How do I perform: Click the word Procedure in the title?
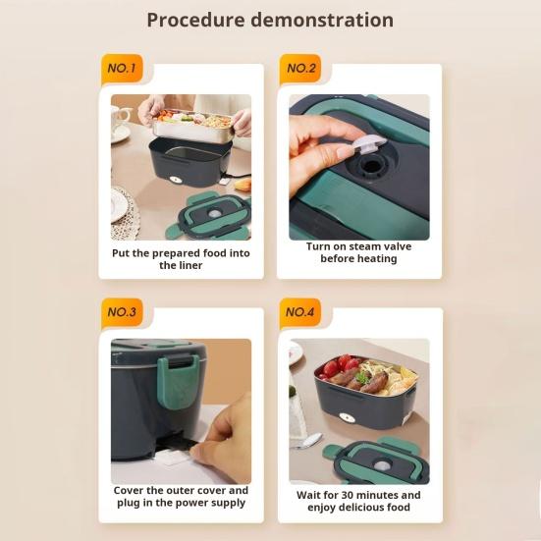click(195, 20)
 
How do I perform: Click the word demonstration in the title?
click(322, 20)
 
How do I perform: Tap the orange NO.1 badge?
click(122, 69)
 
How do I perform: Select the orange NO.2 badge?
click(300, 69)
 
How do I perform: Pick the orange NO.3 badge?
click(122, 312)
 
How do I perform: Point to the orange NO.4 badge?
click(300, 312)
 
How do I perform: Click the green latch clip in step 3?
click(178, 381)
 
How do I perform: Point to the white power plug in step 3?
click(173, 457)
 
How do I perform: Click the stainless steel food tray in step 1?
click(192, 126)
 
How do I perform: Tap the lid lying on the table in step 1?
click(210, 217)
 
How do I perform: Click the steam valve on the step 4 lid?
click(381, 464)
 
